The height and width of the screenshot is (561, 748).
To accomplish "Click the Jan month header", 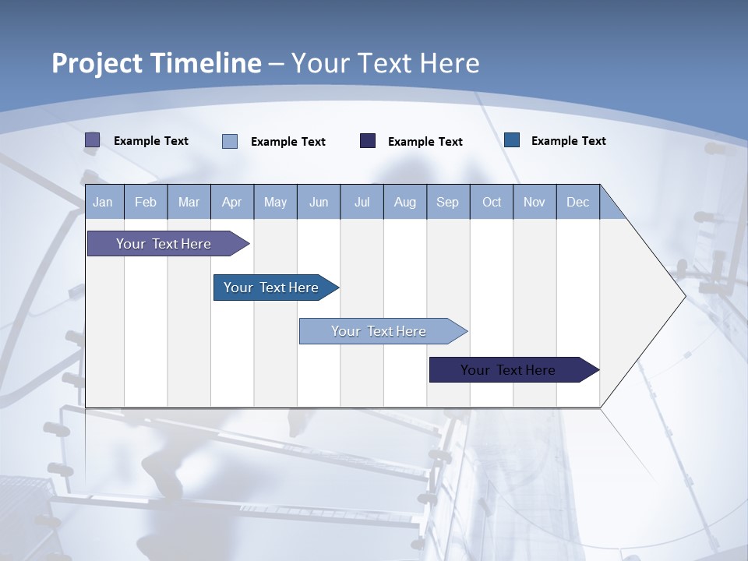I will (x=103, y=202).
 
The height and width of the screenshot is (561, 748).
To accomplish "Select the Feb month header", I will (x=146, y=202).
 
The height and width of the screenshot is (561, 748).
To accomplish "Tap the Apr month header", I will (x=231, y=202).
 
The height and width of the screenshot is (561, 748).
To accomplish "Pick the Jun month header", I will (x=319, y=202).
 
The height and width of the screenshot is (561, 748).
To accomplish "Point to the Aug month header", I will (x=404, y=202).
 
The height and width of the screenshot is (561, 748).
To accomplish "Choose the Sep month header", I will (x=447, y=202).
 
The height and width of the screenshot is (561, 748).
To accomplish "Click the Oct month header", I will (x=492, y=202).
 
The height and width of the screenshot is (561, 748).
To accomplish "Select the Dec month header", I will (x=577, y=202).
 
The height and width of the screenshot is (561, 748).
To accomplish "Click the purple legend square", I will (x=92, y=140).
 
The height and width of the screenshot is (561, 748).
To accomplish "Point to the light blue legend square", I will (x=230, y=141).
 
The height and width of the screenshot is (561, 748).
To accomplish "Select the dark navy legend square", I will (x=368, y=140).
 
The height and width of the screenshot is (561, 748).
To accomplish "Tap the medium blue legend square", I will (x=512, y=140).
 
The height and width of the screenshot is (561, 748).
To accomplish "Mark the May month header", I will (x=275, y=202).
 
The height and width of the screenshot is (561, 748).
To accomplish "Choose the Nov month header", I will (x=535, y=202).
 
